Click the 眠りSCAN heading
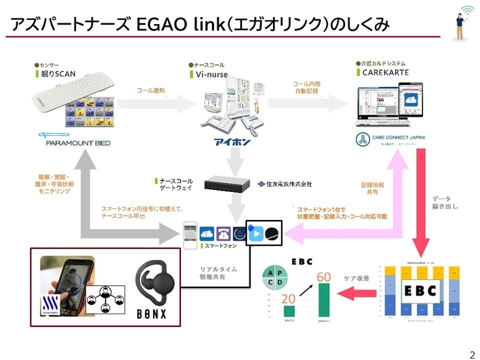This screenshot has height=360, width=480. [60, 73]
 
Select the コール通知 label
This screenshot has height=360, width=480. [152, 91]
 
